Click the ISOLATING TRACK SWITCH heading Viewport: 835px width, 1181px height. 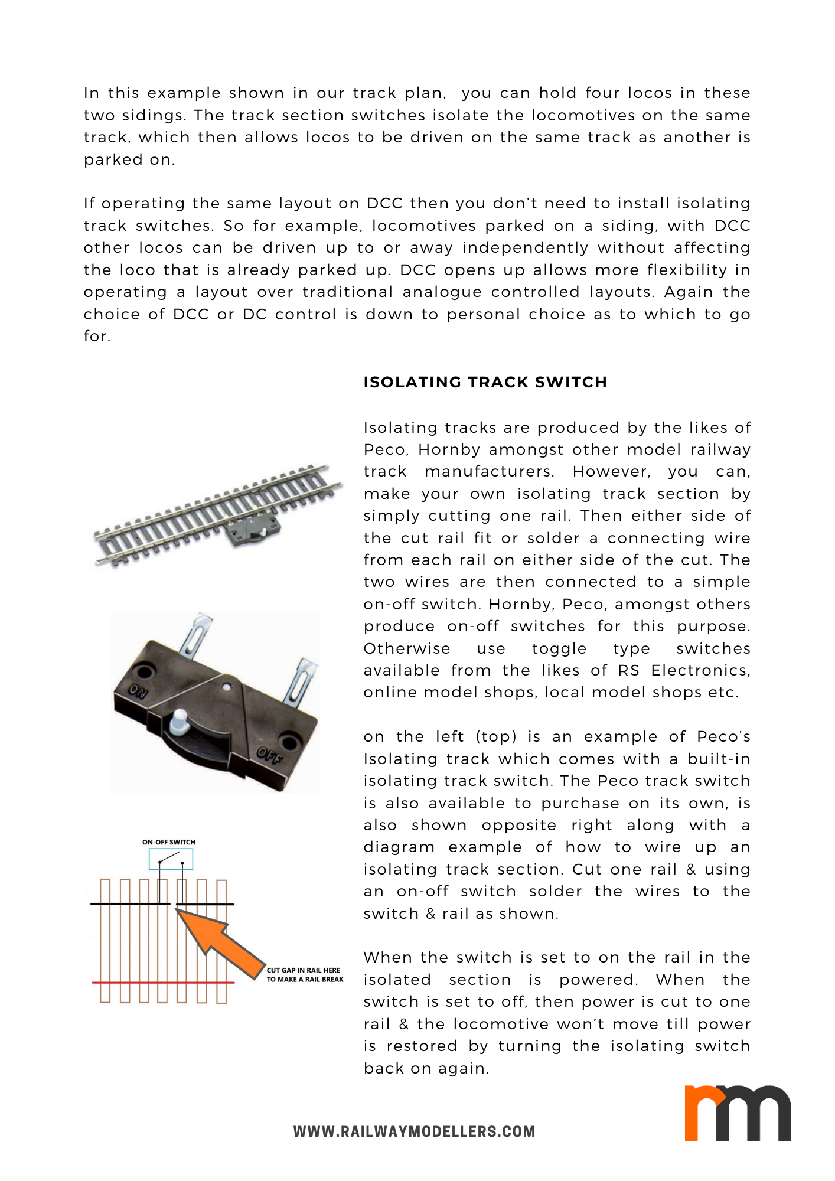pyautogui.click(x=485, y=382)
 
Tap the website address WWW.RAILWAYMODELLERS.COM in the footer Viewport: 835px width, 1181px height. pyautogui.click(x=414, y=1131)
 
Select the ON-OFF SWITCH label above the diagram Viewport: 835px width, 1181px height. pyautogui.click(x=169, y=842)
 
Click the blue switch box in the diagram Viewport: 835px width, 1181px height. pyautogui.click(x=171, y=859)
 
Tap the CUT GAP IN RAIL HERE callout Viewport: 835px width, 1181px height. pyautogui.click(x=304, y=974)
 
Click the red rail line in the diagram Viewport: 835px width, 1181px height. pyautogui.click(x=163, y=983)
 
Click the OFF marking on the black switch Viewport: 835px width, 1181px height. pyautogui.click(x=269, y=755)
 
